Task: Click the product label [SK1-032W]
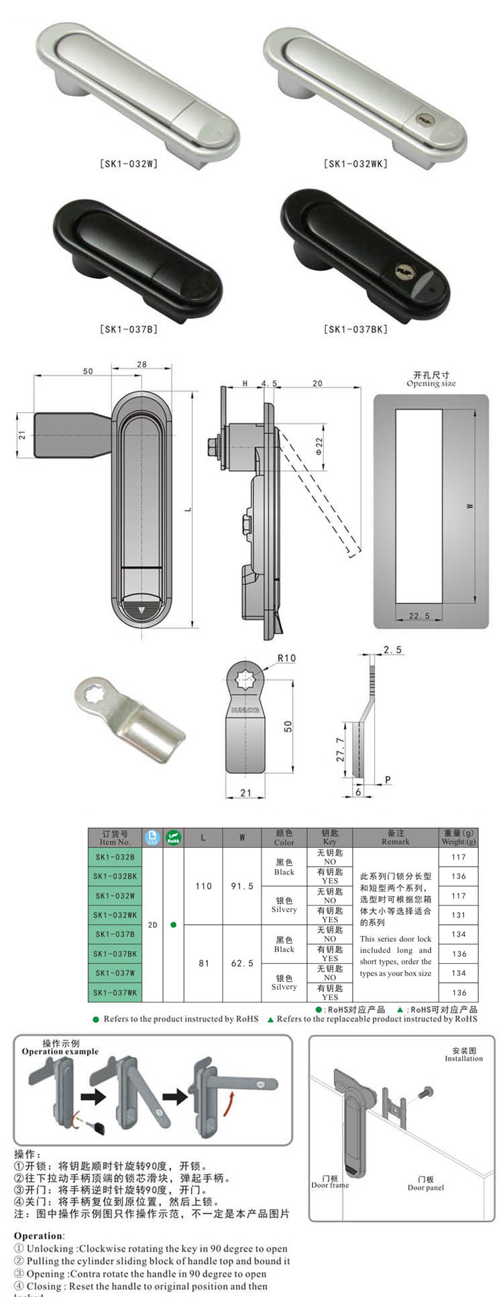point(129,164)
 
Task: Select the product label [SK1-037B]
point(129,329)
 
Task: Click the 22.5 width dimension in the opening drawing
point(418,616)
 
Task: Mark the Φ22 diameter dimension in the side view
point(319,447)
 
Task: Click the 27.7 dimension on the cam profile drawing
point(340,749)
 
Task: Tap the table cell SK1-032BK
point(115,876)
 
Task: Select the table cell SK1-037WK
point(115,993)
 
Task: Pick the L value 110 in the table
point(203,886)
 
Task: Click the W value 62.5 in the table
point(242,963)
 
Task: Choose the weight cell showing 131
point(458,915)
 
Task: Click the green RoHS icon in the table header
point(173,838)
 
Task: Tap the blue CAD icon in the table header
point(152,838)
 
